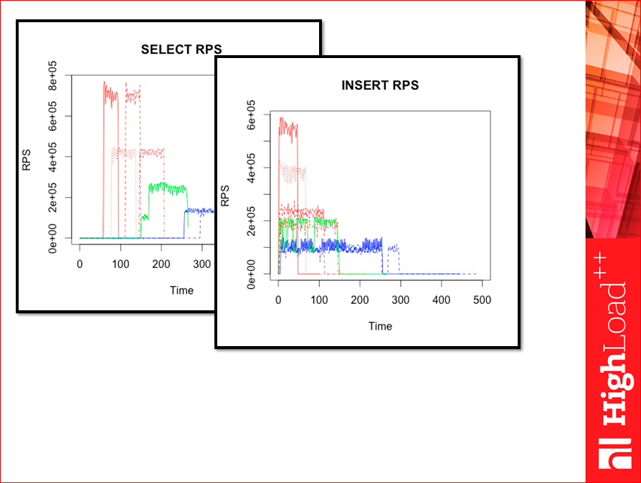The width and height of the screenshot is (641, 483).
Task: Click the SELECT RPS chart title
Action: click(181, 49)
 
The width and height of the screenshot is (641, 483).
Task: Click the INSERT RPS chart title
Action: click(380, 85)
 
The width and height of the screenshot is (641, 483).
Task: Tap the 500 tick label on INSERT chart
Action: click(482, 300)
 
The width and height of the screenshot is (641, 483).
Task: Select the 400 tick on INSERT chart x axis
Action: click(441, 300)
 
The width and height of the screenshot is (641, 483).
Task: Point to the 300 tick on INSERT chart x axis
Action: click(400, 300)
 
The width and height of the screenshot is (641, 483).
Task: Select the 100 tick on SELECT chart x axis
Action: click(120, 264)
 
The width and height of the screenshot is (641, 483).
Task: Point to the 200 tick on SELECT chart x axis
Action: click(161, 264)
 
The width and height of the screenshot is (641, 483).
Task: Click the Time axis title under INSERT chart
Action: click(380, 326)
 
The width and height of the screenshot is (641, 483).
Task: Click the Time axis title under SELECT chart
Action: click(181, 290)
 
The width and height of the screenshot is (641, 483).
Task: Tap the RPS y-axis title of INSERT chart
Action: click(225, 196)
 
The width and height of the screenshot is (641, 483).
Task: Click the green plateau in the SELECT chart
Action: click(166, 188)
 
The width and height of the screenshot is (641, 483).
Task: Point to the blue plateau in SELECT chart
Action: click(199, 211)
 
